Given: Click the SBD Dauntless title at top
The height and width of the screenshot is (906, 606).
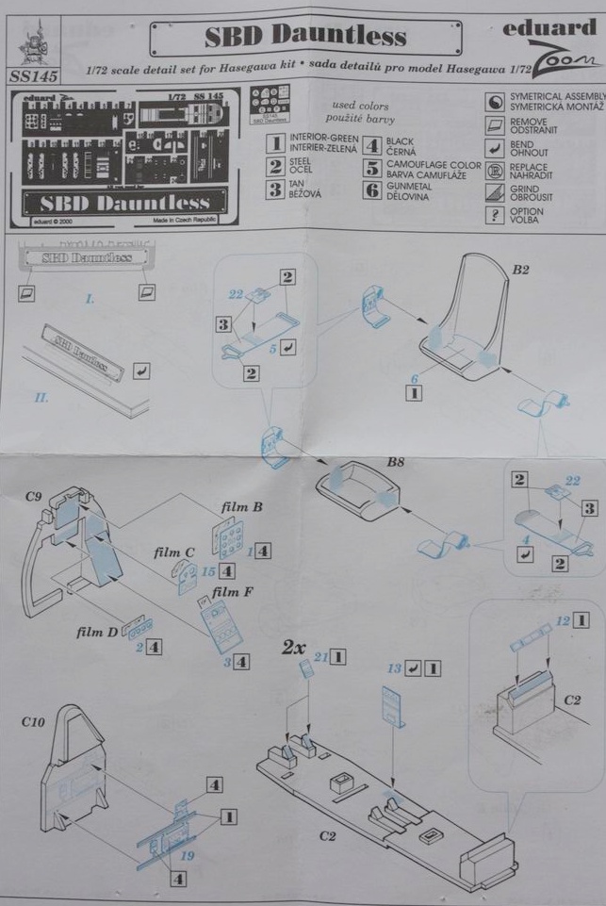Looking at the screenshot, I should (x=306, y=36).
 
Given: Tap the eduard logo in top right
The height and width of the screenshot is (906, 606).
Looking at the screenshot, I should (x=550, y=28).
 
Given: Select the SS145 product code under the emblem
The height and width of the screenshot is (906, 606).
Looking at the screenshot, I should (x=28, y=74).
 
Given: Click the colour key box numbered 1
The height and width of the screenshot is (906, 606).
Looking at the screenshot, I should (x=275, y=143).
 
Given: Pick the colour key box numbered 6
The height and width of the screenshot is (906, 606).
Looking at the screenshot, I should (x=371, y=191).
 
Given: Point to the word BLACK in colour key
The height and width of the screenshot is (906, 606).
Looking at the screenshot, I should (x=400, y=140).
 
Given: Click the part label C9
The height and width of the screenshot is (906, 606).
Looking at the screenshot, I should (x=37, y=495).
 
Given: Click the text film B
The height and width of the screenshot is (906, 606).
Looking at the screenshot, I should (x=242, y=507).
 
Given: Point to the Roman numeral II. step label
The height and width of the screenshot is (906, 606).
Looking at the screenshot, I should (x=41, y=399).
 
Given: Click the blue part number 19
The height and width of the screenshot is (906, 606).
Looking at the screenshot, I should (x=187, y=855).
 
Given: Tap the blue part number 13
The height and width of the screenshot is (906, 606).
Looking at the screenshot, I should (x=394, y=667).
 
